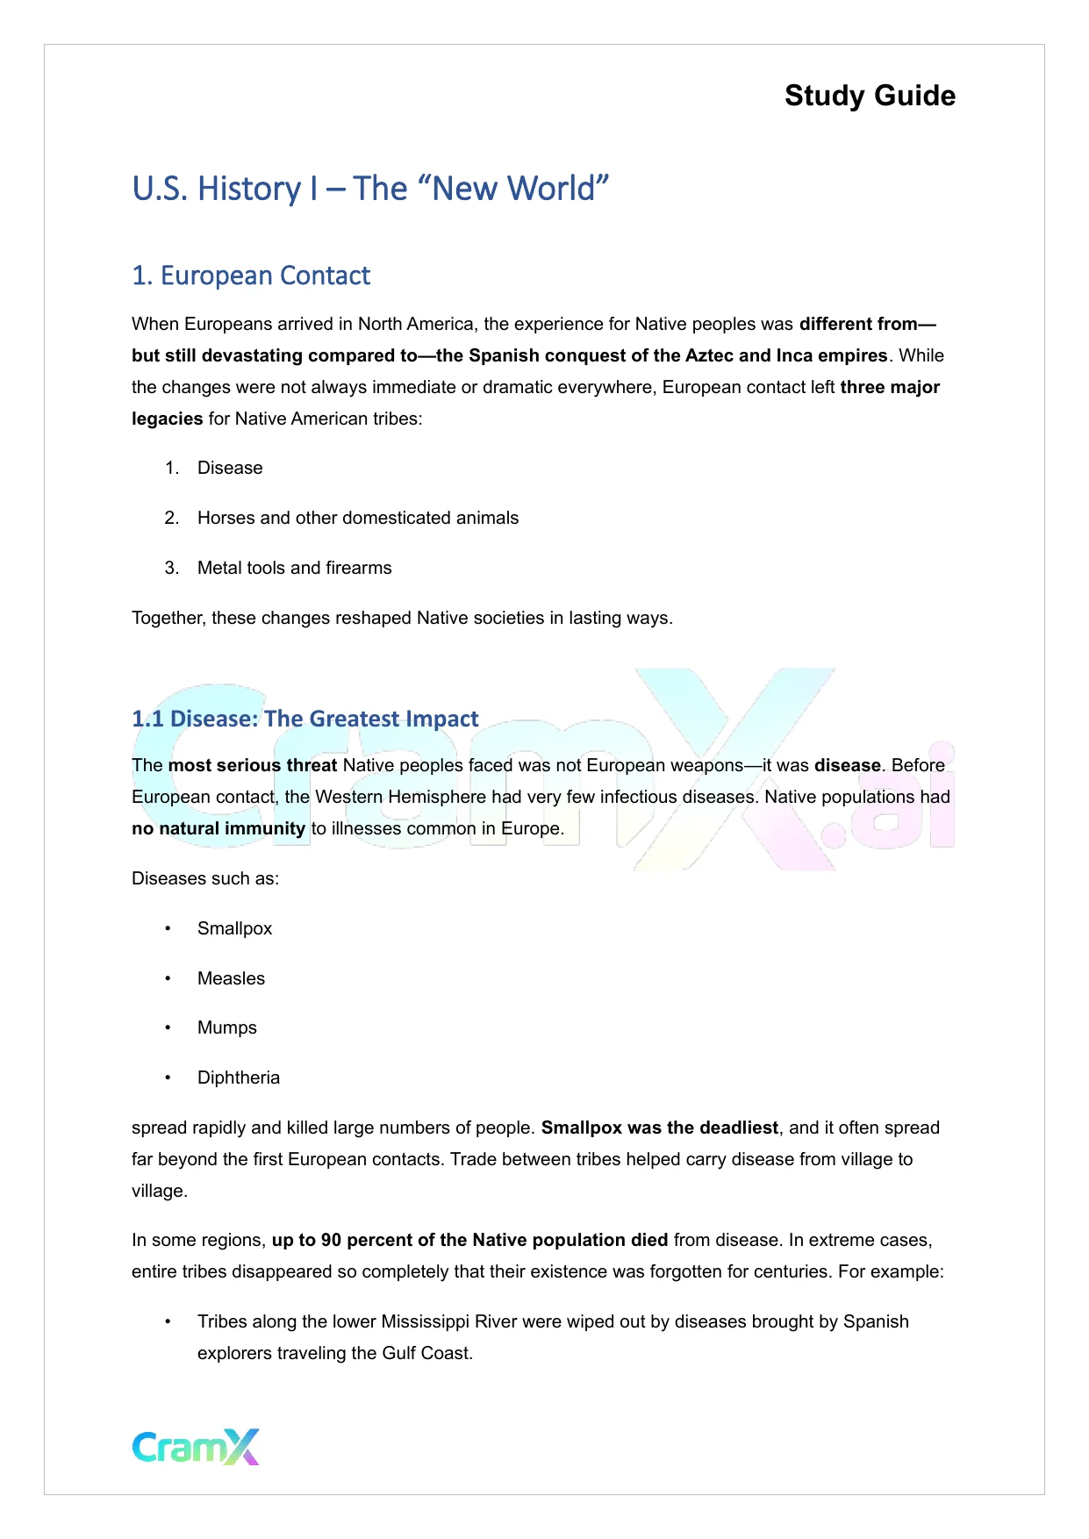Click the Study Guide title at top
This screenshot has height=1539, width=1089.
coord(870,96)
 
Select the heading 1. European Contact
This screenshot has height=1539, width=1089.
coord(251,276)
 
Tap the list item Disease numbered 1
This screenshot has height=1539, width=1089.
coord(230,468)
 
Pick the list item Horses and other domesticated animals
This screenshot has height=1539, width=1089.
coord(357,518)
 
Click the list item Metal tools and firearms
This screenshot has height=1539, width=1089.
coord(294,568)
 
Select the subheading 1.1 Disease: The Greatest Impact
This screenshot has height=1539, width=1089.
coord(304,719)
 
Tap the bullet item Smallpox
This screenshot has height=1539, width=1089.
coord(234,928)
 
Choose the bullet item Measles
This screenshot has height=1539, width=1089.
coord(231,978)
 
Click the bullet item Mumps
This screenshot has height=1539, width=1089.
coord(226,1027)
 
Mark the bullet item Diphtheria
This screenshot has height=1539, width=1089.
coord(238,1077)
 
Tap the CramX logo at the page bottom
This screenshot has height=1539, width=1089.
coord(196,1447)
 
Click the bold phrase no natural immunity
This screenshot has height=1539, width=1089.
coord(219,828)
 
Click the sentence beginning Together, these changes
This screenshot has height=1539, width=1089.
coord(402,618)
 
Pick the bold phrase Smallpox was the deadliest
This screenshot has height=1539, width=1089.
coord(660,1127)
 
